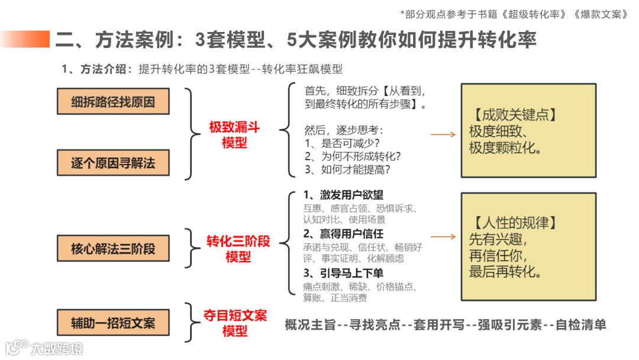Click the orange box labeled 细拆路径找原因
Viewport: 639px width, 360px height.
pos(113,101)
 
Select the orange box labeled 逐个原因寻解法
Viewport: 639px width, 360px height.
pos(113,163)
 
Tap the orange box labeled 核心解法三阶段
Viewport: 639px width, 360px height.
pos(113,249)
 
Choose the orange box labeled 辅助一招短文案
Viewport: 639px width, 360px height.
pos(113,323)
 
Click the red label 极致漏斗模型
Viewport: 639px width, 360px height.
pos(234,135)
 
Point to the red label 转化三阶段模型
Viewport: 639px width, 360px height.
pos(238,249)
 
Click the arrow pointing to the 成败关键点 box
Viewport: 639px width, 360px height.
pos(443,135)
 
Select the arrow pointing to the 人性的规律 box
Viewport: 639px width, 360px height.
pos(443,236)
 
